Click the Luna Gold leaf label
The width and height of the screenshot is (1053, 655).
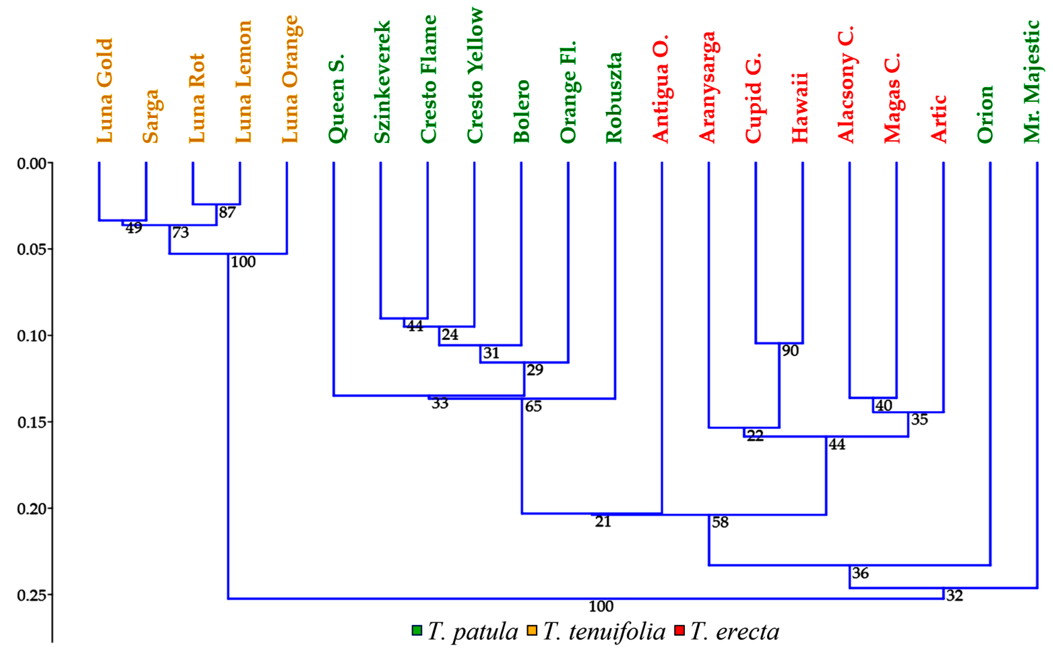click(x=105, y=91)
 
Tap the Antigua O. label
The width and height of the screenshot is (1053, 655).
click(x=661, y=89)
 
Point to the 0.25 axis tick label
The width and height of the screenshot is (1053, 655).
click(x=32, y=595)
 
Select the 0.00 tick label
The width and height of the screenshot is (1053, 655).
click(x=32, y=164)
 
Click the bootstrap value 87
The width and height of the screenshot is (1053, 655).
click(x=227, y=212)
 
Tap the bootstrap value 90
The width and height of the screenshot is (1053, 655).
click(x=790, y=350)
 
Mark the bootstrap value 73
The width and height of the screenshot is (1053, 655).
click(x=181, y=232)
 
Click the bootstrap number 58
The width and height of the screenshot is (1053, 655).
click(x=720, y=522)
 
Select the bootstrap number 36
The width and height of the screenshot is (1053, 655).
click(x=860, y=573)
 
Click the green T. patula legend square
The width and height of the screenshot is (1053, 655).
click(x=417, y=630)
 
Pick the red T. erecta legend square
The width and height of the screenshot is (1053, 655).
click(x=679, y=630)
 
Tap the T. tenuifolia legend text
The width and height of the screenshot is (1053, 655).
click(x=604, y=632)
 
